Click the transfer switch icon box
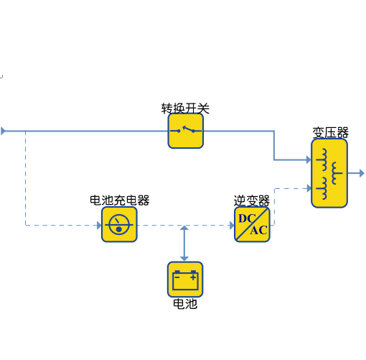pyautogui.click(x=186, y=131)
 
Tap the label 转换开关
pyautogui.click(x=185, y=109)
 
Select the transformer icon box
pyautogui.click(x=329, y=173)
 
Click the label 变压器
pyautogui.click(x=330, y=132)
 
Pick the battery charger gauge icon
pyautogui.click(x=119, y=225)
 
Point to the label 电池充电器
pyautogui.click(x=120, y=200)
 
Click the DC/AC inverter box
pyautogui.click(x=252, y=225)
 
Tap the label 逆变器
pyautogui.click(x=252, y=200)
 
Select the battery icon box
pyautogui.click(x=185, y=280)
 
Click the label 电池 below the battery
pyautogui.click(x=185, y=304)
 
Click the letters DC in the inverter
pyautogui.click(x=247, y=218)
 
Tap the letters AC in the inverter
pyautogui.click(x=258, y=231)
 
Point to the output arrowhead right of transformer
pyautogui.click(x=362, y=173)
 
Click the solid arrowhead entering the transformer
pyautogui.click(x=309, y=160)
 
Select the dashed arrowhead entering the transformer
pyautogui.click(x=309, y=188)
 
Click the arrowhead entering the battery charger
pyautogui.click(x=99, y=225)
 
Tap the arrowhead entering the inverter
pyautogui.click(x=232, y=225)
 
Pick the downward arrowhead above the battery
pyautogui.click(x=184, y=259)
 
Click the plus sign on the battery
pyautogui.click(x=193, y=277)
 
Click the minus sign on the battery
pyautogui.click(x=177, y=277)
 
